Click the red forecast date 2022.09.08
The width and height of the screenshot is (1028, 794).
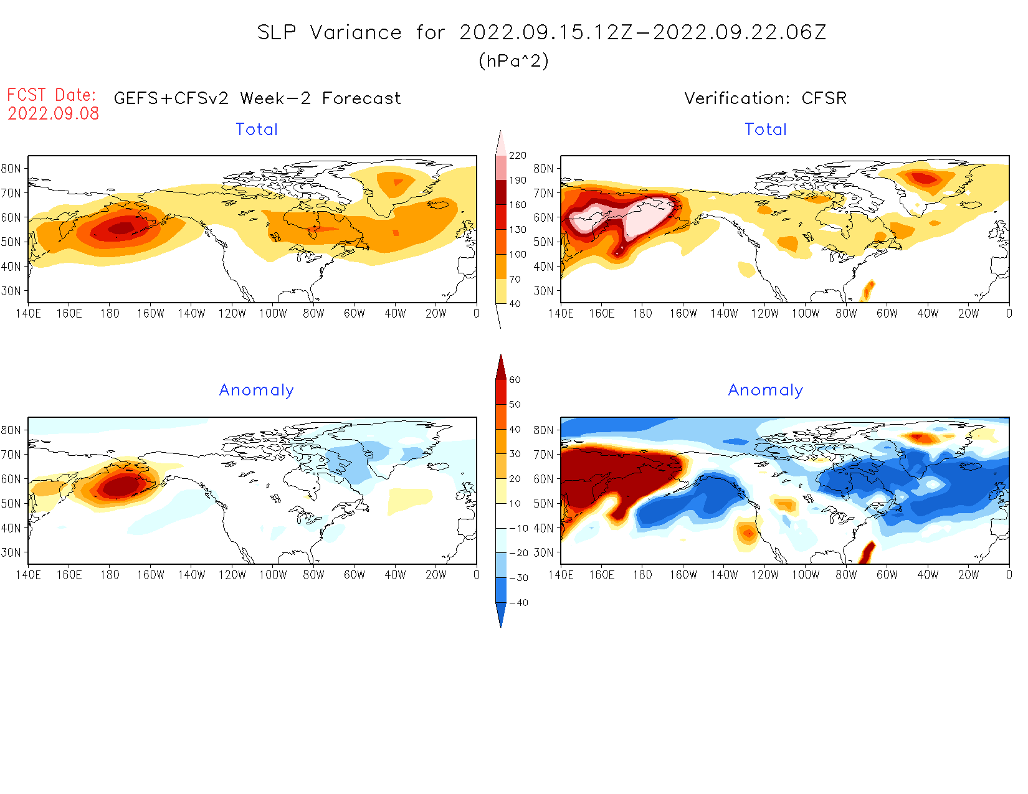(x=54, y=113)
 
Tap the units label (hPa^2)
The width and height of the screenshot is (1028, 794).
(x=513, y=60)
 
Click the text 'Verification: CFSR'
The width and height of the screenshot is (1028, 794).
(x=765, y=98)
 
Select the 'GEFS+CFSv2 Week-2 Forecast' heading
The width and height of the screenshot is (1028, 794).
(x=257, y=98)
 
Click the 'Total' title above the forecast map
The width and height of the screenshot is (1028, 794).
(x=256, y=130)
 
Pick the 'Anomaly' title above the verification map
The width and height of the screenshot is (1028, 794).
(x=765, y=390)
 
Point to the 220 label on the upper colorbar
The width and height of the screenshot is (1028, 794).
(x=518, y=156)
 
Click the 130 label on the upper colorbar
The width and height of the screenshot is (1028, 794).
(x=518, y=230)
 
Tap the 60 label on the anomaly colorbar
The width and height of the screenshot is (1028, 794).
(x=515, y=380)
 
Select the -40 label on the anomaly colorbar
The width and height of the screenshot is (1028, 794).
(x=518, y=603)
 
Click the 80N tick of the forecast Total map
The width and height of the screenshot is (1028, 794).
(x=11, y=169)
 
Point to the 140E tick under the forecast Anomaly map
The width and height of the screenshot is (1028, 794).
(x=28, y=575)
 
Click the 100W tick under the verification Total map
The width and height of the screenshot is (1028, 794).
(x=805, y=314)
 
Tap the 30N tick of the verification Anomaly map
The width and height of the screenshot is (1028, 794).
(x=543, y=552)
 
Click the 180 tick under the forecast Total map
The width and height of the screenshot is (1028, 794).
(x=110, y=314)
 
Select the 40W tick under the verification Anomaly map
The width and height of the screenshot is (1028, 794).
(x=927, y=575)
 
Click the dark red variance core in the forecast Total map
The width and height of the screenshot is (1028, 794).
(x=121, y=228)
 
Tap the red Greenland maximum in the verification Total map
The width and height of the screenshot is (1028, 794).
(x=925, y=179)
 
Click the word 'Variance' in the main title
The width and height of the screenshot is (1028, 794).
(x=356, y=32)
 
